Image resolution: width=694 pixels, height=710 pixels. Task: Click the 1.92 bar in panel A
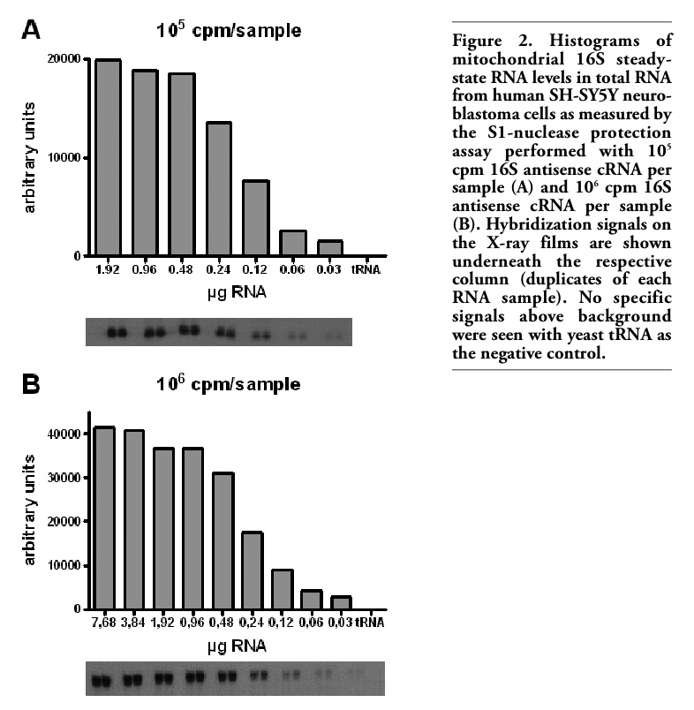(108, 157)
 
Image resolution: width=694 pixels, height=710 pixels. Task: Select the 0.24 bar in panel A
(219, 189)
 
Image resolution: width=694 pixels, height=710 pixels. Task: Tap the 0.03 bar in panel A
(329, 247)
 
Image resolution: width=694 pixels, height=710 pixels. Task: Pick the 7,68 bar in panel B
(103, 518)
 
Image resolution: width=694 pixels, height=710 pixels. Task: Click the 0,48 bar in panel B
(223, 540)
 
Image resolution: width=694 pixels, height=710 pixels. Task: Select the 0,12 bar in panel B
(282, 589)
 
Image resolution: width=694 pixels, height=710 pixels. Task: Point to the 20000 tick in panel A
(64, 59)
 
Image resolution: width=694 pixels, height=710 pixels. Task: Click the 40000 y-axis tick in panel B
(64, 434)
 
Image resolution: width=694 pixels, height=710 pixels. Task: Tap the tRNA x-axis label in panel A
(366, 270)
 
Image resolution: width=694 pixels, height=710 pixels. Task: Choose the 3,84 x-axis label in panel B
(132, 623)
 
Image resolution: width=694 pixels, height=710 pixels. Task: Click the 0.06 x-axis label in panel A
(292, 270)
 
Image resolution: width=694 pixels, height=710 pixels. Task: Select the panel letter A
(31, 30)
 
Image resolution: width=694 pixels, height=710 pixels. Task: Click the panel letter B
(31, 384)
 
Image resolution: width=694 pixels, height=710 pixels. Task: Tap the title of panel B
(228, 383)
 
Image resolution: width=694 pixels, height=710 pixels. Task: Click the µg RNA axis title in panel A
(237, 292)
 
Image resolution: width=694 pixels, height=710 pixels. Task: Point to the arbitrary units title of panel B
(29, 510)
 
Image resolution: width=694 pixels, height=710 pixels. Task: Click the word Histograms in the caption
(594, 41)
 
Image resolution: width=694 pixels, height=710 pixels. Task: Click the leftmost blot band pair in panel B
(102, 681)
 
